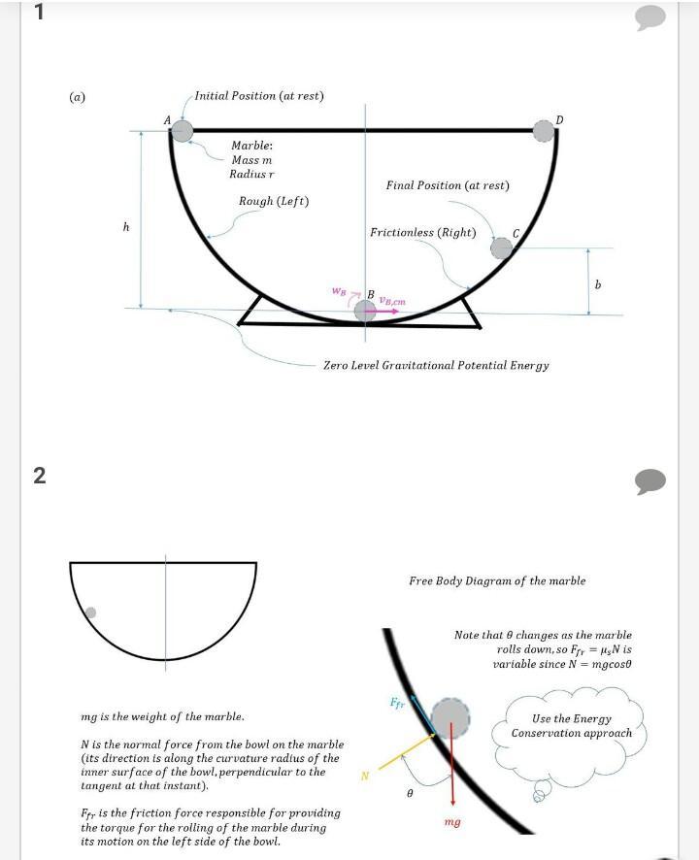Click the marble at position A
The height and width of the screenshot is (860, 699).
click(183, 130)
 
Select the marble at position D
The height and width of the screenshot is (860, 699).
click(544, 130)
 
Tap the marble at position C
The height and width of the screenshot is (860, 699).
click(501, 248)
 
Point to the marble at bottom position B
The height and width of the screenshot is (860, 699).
click(365, 311)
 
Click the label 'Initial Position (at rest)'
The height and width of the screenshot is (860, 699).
click(259, 96)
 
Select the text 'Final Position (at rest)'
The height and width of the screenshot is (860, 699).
click(448, 185)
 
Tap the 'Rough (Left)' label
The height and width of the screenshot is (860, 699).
click(274, 201)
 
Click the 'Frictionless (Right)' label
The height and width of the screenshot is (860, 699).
click(423, 232)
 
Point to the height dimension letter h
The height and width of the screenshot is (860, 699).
click(126, 226)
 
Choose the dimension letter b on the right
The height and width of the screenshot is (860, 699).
click(598, 284)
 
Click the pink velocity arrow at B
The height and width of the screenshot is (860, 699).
click(388, 311)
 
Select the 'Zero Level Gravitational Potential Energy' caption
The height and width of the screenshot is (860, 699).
click(436, 366)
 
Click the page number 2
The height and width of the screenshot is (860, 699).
click(40, 476)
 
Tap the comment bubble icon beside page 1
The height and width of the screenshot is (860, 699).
click(650, 17)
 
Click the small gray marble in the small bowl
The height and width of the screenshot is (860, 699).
click(90, 612)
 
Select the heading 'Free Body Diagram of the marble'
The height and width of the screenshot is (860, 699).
click(497, 581)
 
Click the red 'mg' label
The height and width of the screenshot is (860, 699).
click(451, 822)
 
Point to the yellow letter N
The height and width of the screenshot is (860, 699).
click(365, 776)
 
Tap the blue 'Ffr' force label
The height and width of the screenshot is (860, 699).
click(397, 702)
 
